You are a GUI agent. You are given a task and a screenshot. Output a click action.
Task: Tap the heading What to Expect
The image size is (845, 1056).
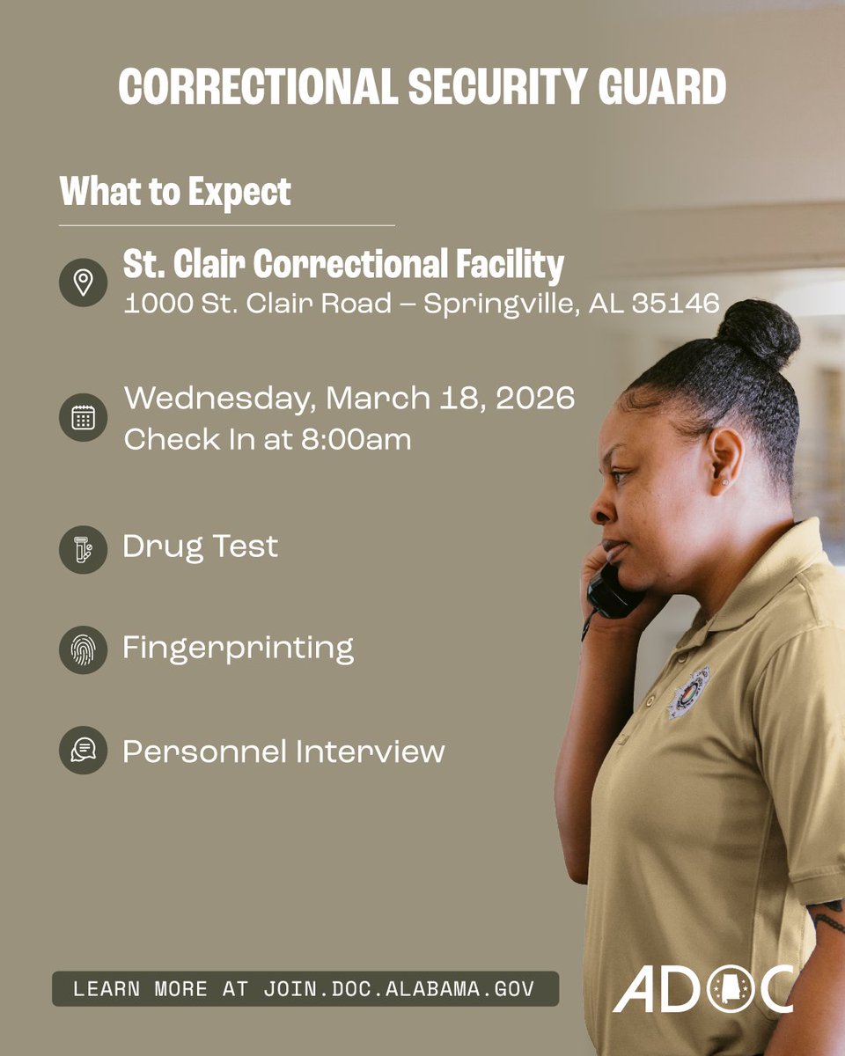click(175, 191)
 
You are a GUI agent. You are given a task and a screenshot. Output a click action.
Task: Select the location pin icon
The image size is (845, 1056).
click(83, 282)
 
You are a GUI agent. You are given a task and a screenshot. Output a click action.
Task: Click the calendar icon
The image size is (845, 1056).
click(83, 417)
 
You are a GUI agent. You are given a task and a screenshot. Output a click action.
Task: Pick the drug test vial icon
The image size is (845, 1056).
click(83, 549)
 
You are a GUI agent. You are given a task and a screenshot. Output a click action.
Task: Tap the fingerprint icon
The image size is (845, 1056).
click(83, 649)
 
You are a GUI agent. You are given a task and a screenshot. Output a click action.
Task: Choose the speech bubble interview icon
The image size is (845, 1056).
click(83, 751)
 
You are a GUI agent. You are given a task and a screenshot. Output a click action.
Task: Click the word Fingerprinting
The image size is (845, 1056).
click(238, 649)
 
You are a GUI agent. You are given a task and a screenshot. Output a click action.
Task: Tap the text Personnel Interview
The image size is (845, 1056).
click(283, 752)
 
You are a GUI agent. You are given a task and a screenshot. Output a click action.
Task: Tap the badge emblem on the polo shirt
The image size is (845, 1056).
click(689, 691)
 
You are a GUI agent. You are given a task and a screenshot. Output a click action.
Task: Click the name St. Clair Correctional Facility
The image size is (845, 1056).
click(343, 263)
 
